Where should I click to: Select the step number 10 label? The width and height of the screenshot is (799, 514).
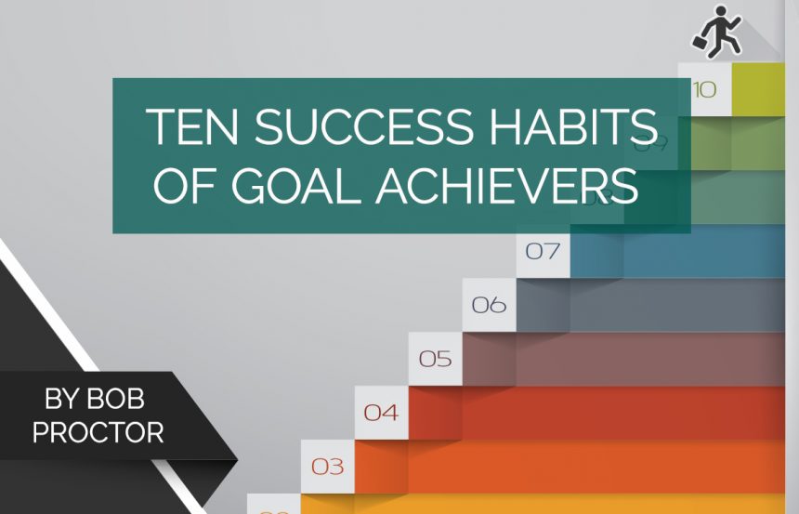tap(704, 90)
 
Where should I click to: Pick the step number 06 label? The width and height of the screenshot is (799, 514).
tap(489, 305)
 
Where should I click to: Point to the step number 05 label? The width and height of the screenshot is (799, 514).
tap(435, 359)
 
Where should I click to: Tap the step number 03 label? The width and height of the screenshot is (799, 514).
tap(327, 467)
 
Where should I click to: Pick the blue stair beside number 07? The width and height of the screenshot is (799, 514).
tap(678, 252)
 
